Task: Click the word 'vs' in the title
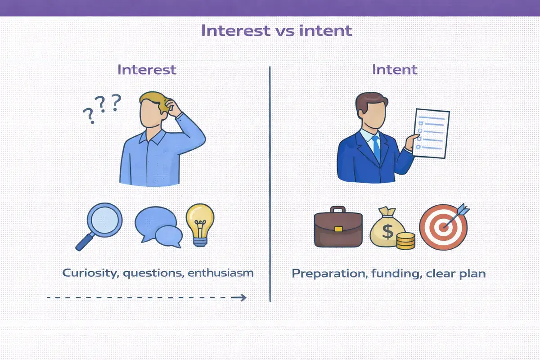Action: (x=285, y=31)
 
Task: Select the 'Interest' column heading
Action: (x=147, y=70)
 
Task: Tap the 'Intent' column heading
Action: (x=395, y=70)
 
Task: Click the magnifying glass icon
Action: (x=99, y=226)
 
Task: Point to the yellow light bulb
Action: (x=200, y=225)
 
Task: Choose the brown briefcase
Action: (x=338, y=227)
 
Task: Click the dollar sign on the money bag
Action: (x=387, y=231)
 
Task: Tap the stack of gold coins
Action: (x=406, y=241)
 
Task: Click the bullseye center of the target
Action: (x=443, y=227)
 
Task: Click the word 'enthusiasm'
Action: (x=220, y=273)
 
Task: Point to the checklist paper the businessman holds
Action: (x=431, y=134)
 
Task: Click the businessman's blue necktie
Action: (x=376, y=148)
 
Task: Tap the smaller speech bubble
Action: (x=169, y=237)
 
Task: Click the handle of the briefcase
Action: (x=338, y=209)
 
